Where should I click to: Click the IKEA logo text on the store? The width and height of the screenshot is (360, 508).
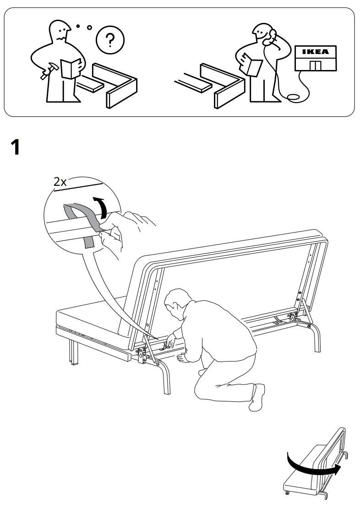click(x=316, y=52)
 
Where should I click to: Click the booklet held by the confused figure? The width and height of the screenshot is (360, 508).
click(x=71, y=68)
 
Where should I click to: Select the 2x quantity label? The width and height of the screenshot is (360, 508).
click(x=60, y=182)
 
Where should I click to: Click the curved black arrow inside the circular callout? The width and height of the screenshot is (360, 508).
click(x=103, y=208)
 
